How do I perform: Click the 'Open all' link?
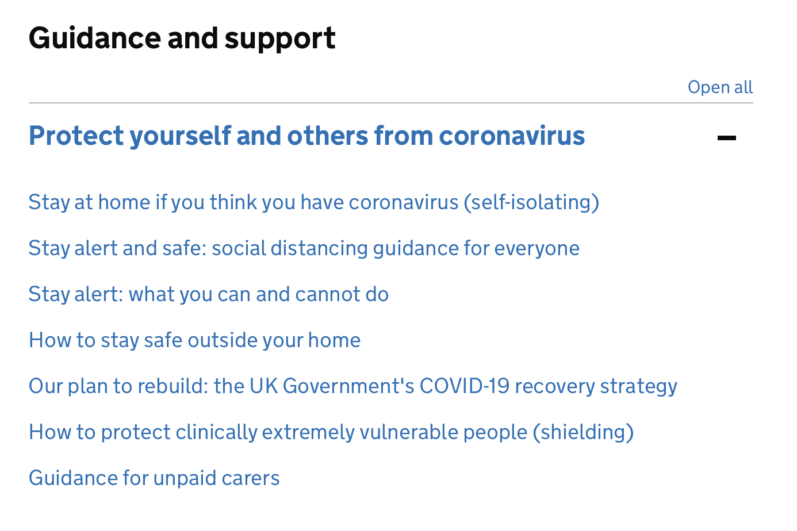(720, 87)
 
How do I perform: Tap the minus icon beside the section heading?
(726, 138)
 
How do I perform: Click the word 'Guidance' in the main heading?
(95, 38)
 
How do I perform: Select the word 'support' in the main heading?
(280, 40)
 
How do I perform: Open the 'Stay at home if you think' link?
(314, 203)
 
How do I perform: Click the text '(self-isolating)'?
(531, 203)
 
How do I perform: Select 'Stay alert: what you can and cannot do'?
(209, 294)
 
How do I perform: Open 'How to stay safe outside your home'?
(194, 340)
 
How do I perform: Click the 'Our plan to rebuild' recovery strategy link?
(353, 386)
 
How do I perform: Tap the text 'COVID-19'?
(465, 386)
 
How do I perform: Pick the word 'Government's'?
(348, 386)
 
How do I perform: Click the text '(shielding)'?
(583, 433)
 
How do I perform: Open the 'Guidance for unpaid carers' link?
(154, 478)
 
